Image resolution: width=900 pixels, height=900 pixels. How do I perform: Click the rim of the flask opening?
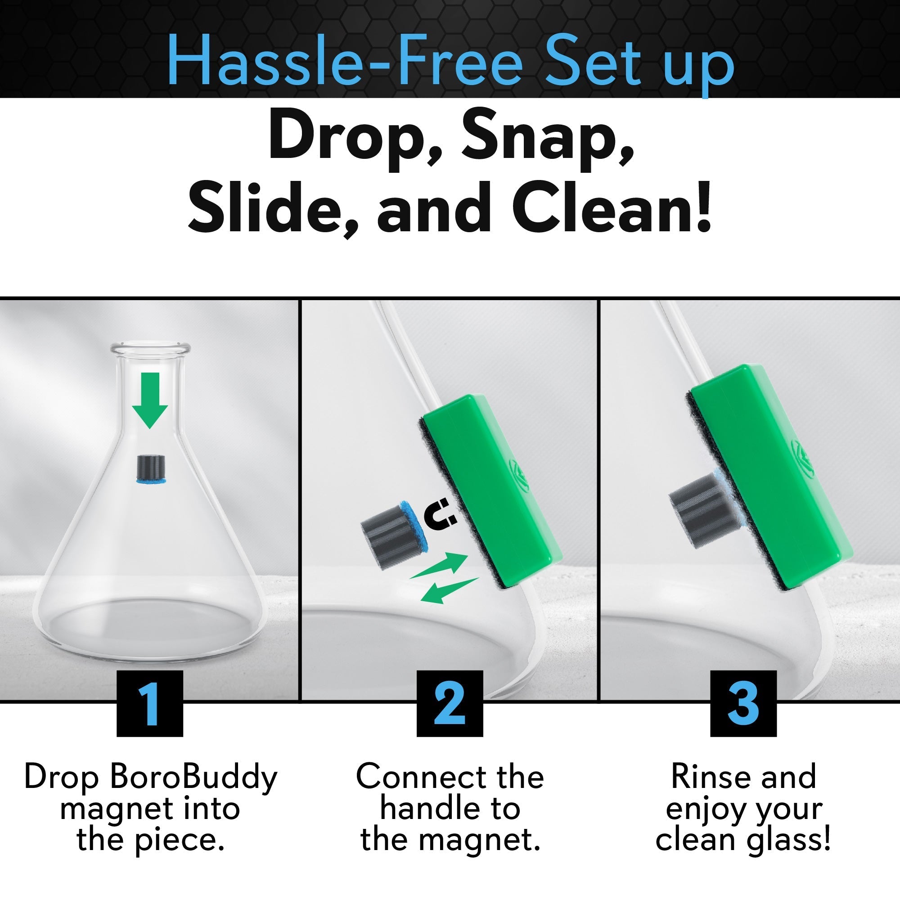coord(150,347)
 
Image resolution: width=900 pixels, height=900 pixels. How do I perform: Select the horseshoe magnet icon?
coord(440,514)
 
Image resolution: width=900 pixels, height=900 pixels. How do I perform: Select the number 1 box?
coord(149,703)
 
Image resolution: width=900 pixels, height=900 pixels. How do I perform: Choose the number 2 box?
coord(450,703)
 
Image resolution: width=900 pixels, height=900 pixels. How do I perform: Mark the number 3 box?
coord(743,703)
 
